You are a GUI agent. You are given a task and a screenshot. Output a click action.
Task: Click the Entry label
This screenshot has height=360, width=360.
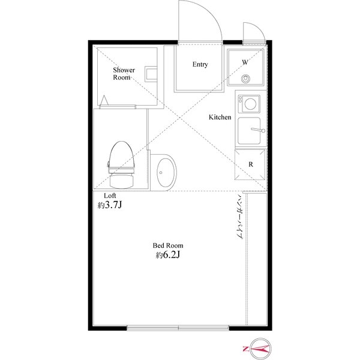[x=200, y=64]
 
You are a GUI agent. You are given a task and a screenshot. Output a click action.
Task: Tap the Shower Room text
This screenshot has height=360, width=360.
[x=124, y=73]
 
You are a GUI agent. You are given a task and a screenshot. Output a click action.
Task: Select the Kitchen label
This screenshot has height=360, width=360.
[x=220, y=117]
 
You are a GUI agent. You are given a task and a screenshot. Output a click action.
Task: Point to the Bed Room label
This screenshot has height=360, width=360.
[x=168, y=245]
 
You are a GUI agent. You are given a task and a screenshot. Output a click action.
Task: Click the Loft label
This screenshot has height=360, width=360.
[x=110, y=196]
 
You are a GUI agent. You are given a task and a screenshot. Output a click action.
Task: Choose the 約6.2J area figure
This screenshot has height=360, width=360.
[x=167, y=255]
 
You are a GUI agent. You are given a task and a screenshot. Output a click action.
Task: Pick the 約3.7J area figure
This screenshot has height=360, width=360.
[x=110, y=205]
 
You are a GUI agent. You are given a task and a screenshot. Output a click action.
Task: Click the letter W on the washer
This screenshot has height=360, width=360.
[x=245, y=62]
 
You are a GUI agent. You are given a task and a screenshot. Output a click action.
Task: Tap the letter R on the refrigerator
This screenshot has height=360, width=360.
[x=251, y=164]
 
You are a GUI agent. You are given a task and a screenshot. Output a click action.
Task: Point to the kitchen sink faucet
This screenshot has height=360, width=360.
[x=258, y=130]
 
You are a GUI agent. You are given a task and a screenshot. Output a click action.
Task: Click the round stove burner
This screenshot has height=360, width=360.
[x=250, y=104]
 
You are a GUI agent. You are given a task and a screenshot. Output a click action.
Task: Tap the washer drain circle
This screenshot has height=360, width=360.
[x=245, y=79]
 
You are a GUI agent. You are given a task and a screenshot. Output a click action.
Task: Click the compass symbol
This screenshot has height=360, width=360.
[x=260, y=349]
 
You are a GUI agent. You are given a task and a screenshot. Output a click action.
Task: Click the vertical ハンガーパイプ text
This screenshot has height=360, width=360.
[x=240, y=217]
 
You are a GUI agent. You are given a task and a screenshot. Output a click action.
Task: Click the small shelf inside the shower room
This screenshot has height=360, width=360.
[x=151, y=74]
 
